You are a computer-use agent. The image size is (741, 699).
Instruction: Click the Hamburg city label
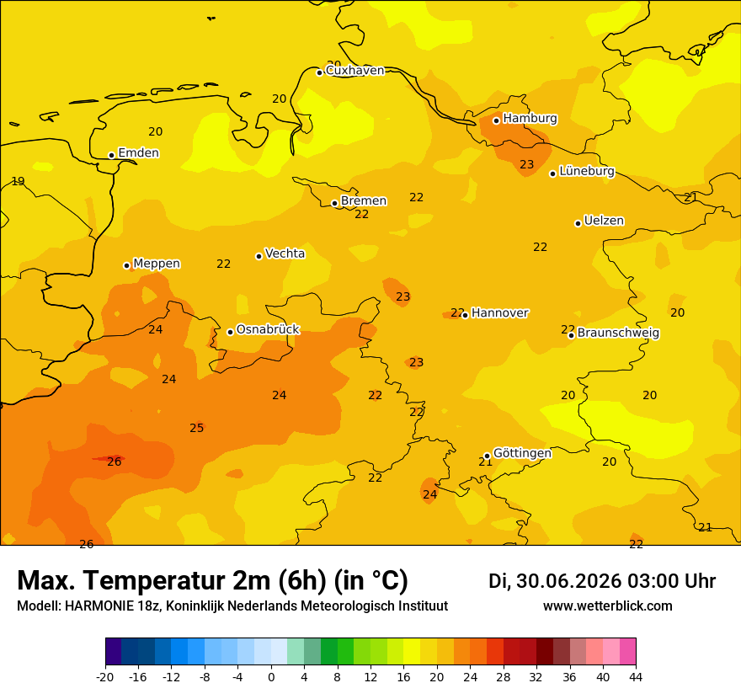[x=530, y=118]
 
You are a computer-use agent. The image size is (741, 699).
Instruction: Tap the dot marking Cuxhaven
[x=319, y=72]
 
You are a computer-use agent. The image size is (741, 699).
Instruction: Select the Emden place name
[x=138, y=152]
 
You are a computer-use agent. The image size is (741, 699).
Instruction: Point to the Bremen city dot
[x=334, y=203]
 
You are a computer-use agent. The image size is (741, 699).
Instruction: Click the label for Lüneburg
[x=587, y=171]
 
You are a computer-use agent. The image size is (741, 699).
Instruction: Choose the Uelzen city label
[x=604, y=221]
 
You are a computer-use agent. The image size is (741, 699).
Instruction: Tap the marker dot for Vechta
[x=259, y=256]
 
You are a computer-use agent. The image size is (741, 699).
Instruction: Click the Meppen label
[x=157, y=264]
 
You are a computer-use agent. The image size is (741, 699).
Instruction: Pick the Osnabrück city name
[x=268, y=329]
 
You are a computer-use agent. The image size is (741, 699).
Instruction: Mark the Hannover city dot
[x=465, y=315]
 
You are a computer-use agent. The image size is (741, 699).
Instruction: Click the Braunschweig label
[x=618, y=333]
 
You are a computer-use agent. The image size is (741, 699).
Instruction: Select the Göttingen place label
[x=522, y=453]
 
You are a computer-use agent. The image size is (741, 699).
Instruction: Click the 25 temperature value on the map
[x=196, y=428]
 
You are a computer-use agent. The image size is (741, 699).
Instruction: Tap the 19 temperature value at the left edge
[x=18, y=181]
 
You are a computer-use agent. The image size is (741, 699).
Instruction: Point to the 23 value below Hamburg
[x=527, y=164]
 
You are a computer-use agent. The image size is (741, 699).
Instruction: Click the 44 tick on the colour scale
[x=636, y=677]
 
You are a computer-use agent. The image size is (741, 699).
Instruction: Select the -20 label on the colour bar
[x=105, y=677]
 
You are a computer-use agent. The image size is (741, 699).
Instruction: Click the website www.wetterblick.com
[x=608, y=606]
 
